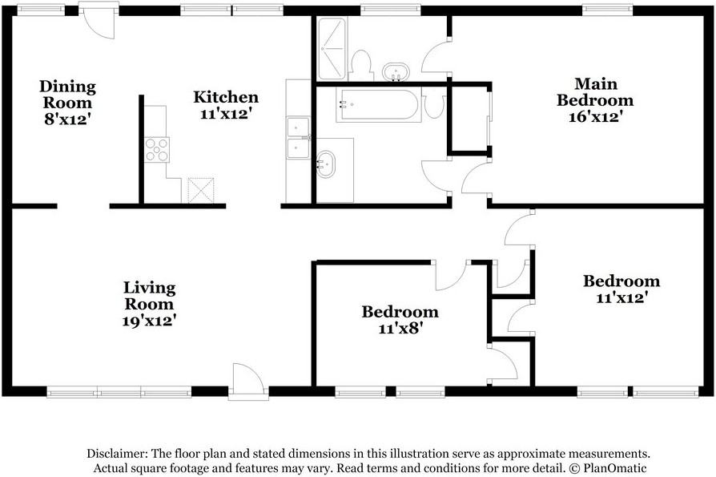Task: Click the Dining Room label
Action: [x=67, y=94]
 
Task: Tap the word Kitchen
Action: [x=226, y=97]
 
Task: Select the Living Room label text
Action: [x=149, y=296]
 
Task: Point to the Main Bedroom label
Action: [x=595, y=92]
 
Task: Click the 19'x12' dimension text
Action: [x=149, y=321]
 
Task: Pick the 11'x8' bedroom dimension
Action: [x=398, y=328]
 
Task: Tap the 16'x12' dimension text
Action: [x=596, y=116]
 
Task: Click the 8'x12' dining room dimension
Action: [x=67, y=119]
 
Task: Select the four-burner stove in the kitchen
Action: [x=157, y=150]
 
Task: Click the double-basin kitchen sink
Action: [x=298, y=138]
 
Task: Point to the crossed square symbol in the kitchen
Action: [x=201, y=190]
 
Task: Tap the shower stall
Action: [x=332, y=48]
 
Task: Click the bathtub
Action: [x=378, y=105]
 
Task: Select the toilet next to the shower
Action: [x=361, y=64]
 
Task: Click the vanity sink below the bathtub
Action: [x=326, y=164]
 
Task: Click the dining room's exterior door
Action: [x=98, y=21]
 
